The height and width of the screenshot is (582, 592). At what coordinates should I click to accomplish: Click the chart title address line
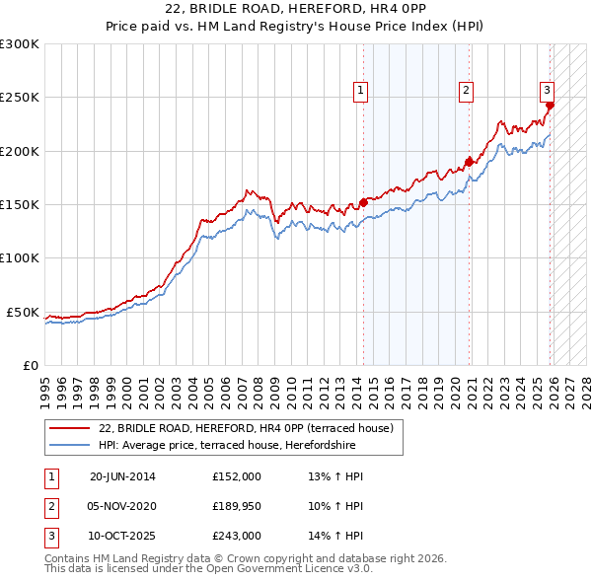point(296,9)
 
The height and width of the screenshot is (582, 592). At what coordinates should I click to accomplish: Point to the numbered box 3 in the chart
point(547,89)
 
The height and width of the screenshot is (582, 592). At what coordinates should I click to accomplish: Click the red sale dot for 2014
point(364,202)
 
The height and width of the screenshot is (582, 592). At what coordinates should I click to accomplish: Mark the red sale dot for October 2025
point(550,105)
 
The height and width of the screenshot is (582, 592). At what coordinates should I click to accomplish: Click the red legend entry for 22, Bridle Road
point(247,428)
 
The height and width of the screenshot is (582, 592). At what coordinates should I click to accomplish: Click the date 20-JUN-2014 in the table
point(122,476)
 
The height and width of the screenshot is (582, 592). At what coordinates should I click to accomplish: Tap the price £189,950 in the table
point(237,506)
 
